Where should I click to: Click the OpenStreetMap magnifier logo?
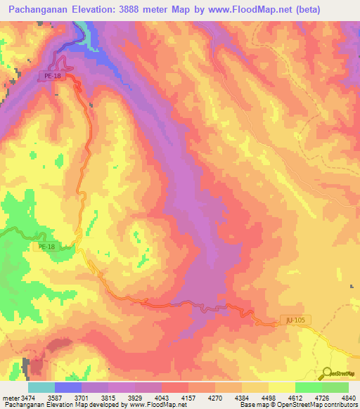326,373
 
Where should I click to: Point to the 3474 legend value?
27,397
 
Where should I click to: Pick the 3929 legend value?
134,397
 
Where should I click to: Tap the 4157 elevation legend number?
188,397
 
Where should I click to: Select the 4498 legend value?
268,397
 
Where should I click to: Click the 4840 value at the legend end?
348,397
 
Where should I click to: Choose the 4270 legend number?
215,397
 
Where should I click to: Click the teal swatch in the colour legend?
41,387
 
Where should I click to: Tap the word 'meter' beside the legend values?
10,397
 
